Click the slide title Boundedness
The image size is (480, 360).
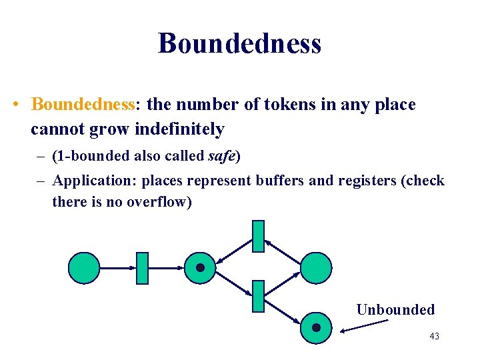tap(240, 44)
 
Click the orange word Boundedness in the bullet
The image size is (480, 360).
tap(83, 105)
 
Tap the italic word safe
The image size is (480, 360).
tap(222, 157)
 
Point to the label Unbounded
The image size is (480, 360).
tap(395, 309)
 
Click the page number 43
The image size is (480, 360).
tap(434, 336)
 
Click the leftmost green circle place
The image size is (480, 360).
tap(84, 268)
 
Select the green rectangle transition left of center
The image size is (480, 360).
tap(141, 268)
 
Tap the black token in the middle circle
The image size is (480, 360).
tap(200, 268)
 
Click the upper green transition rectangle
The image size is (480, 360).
tap(258, 236)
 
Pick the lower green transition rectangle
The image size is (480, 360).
tap(258, 297)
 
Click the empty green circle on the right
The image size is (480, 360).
tap(315, 268)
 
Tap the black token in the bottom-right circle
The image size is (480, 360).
tap(316, 327)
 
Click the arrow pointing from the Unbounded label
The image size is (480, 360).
tap(363, 325)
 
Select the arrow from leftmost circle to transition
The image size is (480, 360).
tap(117, 268)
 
